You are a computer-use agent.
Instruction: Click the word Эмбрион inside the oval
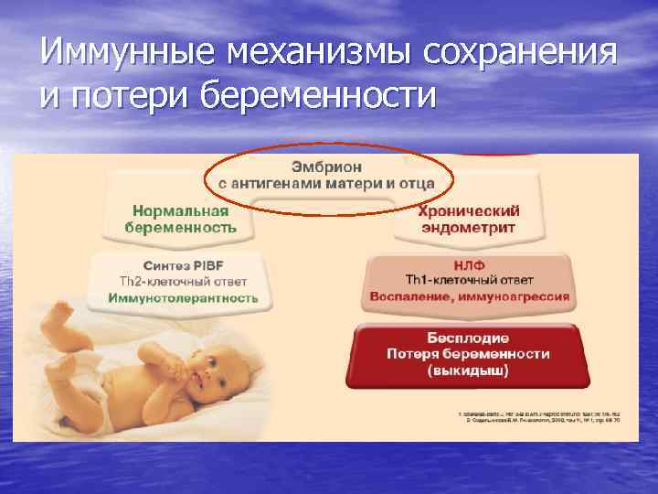coord(326,167)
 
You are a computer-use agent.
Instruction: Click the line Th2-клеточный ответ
coord(182,281)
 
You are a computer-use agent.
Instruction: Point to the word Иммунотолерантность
coord(182,297)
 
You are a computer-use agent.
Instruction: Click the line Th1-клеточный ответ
coord(469,280)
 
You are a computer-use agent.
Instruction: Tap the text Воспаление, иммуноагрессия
coord(469,296)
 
